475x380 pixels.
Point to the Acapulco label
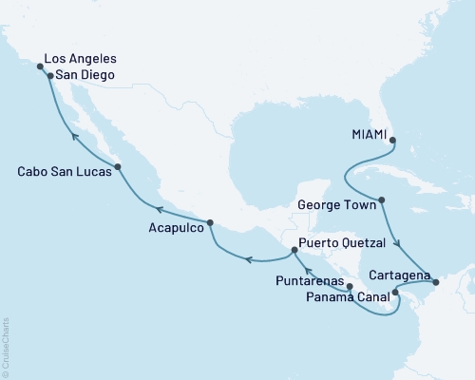tap(175, 228)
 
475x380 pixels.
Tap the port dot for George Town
tap(381, 200)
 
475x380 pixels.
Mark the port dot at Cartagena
tap(435, 281)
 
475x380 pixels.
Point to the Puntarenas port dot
tap(350, 285)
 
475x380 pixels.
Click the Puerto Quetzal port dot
tap(293, 250)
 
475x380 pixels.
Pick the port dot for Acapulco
tap(210, 224)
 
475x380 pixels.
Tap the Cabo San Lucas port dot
tap(117, 167)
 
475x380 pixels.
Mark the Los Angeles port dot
tap(40, 66)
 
